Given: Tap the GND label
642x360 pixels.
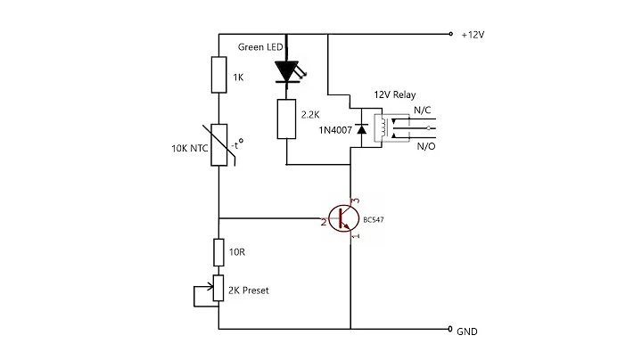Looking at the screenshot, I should pyautogui.click(x=468, y=331).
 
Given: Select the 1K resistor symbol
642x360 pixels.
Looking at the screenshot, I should pyautogui.click(x=219, y=75).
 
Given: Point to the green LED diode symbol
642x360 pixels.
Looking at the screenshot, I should pyautogui.click(x=287, y=70).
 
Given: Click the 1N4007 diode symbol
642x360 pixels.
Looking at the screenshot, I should pyautogui.click(x=360, y=130).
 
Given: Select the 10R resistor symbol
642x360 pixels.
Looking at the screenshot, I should pyautogui.click(x=219, y=252).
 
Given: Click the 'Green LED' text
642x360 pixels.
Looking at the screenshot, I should pyautogui.click(x=260, y=46).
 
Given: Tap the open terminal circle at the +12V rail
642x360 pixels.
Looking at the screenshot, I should pyautogui.click(x=451, y=35).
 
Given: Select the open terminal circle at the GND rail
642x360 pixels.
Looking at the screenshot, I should pyautogui.click(x=451, y=329).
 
